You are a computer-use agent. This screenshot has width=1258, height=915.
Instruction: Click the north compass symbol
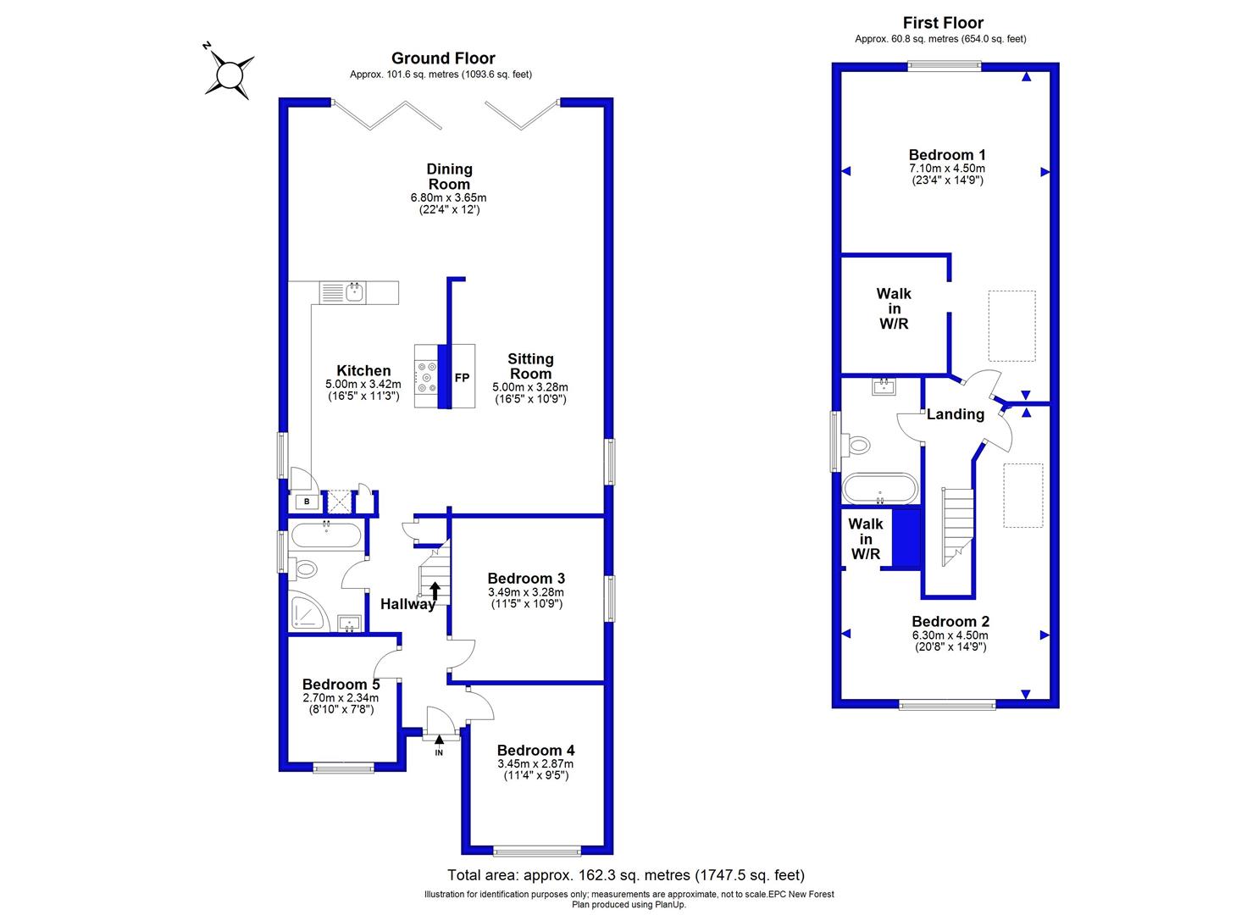click(229, 74)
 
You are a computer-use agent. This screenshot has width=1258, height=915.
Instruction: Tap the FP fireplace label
click(462, 378)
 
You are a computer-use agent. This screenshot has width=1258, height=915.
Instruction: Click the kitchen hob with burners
click(426, 376)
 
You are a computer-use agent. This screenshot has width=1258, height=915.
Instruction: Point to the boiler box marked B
click(307, 502)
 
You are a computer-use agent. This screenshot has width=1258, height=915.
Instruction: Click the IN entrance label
click(439, 752)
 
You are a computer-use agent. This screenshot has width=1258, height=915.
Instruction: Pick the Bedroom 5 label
click(341, 685)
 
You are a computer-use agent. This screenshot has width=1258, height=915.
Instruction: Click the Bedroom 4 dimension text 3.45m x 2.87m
click(535, 764)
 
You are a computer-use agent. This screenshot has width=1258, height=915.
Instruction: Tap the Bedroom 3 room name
click(526, 578)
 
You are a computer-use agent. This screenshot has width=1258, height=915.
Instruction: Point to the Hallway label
click(407, 604)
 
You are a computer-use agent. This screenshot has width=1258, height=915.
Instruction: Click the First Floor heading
click(943, 23)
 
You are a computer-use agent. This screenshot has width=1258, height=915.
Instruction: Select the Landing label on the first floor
click(956, 414)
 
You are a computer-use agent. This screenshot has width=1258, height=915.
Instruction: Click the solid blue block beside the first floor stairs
click(906, 538)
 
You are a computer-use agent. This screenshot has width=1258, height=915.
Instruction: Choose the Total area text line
click(626, 875)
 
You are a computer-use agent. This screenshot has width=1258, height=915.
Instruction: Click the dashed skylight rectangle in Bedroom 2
click(1023, 496)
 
